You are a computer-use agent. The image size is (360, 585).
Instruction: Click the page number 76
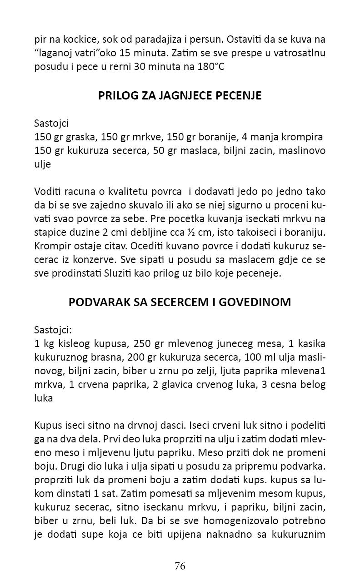pyautogui.click(x=180, y=565)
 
